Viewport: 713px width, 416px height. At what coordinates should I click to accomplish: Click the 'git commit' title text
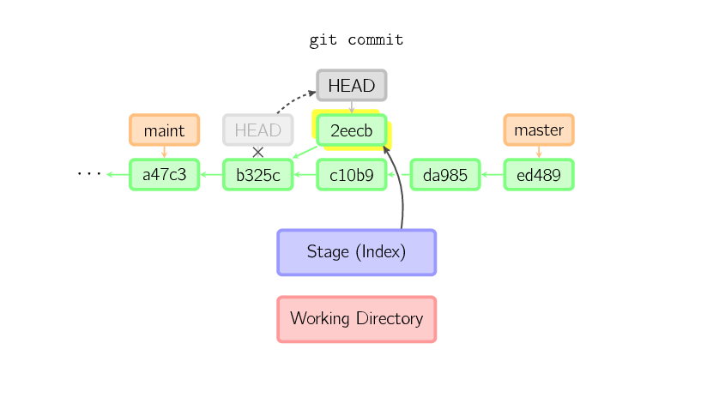coord(356,40)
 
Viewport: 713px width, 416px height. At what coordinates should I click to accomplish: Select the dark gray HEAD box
coord(352,86)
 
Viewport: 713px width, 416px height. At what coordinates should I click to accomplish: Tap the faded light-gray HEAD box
coord(257,130)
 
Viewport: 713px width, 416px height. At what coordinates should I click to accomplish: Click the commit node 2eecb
coord(352,130)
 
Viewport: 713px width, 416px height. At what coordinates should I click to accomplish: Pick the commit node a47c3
coord(164,175)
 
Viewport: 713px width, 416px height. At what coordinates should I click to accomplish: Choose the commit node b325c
coord(257,175)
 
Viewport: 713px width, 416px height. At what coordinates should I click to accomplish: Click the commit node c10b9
coord(352,175)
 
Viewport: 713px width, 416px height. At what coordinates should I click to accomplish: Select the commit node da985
coord(445,175)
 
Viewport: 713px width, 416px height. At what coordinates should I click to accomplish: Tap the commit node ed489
coord(538,175)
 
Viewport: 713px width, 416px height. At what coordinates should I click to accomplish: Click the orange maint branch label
coord(164,130)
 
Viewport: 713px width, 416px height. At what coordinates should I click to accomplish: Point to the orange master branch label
coord(538,130)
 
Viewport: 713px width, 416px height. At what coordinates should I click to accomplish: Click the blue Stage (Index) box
coord(356,252)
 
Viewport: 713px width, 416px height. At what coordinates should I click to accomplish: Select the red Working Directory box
coord(356,319)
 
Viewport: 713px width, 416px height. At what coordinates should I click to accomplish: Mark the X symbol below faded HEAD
coord(257,153)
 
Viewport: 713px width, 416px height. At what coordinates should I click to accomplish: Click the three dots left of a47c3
coord(89,174)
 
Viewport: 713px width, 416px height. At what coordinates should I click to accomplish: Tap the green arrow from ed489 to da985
coord(492,175)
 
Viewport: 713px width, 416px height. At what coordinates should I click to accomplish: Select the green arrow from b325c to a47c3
coord(211,175)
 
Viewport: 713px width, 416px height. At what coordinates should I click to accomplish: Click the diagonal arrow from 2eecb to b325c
coord(304,152)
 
